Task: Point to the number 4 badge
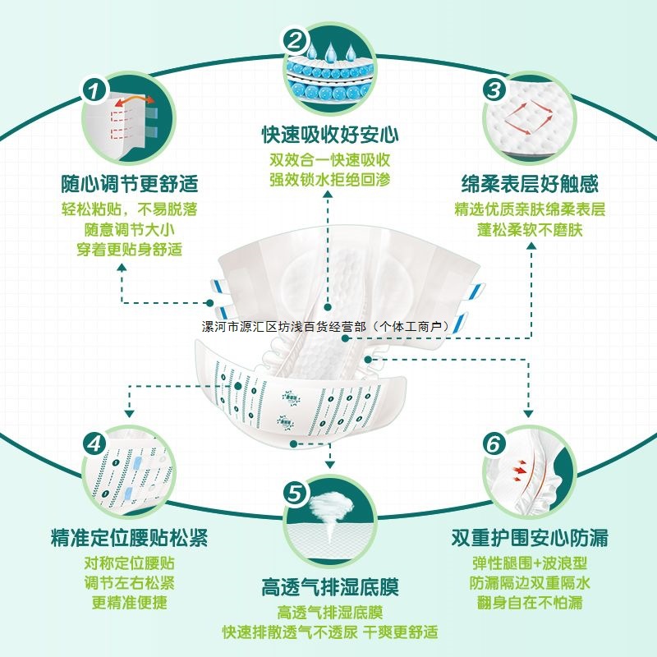click(96, 444)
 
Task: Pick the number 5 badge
click(295, 494)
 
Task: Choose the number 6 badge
click(493, 444)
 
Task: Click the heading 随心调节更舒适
click(130, 182)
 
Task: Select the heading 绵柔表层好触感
click(530, 182)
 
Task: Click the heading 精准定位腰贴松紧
click(129, 539)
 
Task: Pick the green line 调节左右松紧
click(130, 583)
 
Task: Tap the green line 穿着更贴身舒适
click(130, 250)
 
